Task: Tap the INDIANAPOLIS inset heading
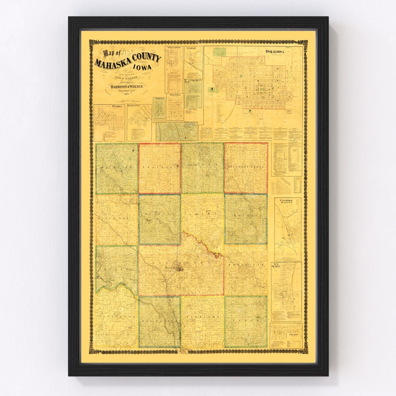174,48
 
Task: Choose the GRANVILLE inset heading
175,95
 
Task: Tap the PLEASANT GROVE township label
246,165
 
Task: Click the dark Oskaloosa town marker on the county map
180,268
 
